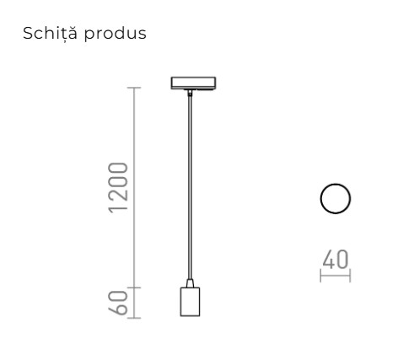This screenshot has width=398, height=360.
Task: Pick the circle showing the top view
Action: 336,199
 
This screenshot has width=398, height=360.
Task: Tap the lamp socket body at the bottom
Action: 190,302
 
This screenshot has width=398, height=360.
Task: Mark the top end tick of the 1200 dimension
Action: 135,88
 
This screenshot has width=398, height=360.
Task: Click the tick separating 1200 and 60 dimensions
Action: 135,287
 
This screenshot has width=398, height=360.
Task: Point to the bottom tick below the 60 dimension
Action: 135,318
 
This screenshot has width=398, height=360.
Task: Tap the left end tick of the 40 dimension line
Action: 321,275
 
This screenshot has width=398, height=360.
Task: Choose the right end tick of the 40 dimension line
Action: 350,275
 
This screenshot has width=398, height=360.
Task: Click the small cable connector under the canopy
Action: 190,95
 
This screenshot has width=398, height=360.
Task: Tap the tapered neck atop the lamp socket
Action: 190,282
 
